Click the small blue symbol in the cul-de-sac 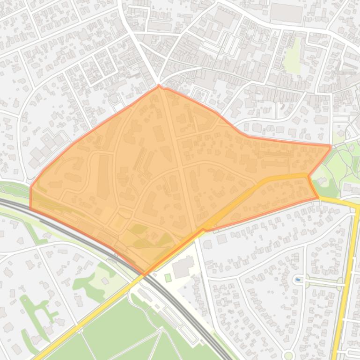298,280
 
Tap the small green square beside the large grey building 168,278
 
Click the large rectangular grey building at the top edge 287,13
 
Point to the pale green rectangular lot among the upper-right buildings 294,55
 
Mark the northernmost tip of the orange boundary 159,85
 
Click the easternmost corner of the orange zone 331,147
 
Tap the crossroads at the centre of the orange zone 181,166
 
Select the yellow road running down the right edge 346,281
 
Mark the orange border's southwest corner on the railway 31,208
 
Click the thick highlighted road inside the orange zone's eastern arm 272,180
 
